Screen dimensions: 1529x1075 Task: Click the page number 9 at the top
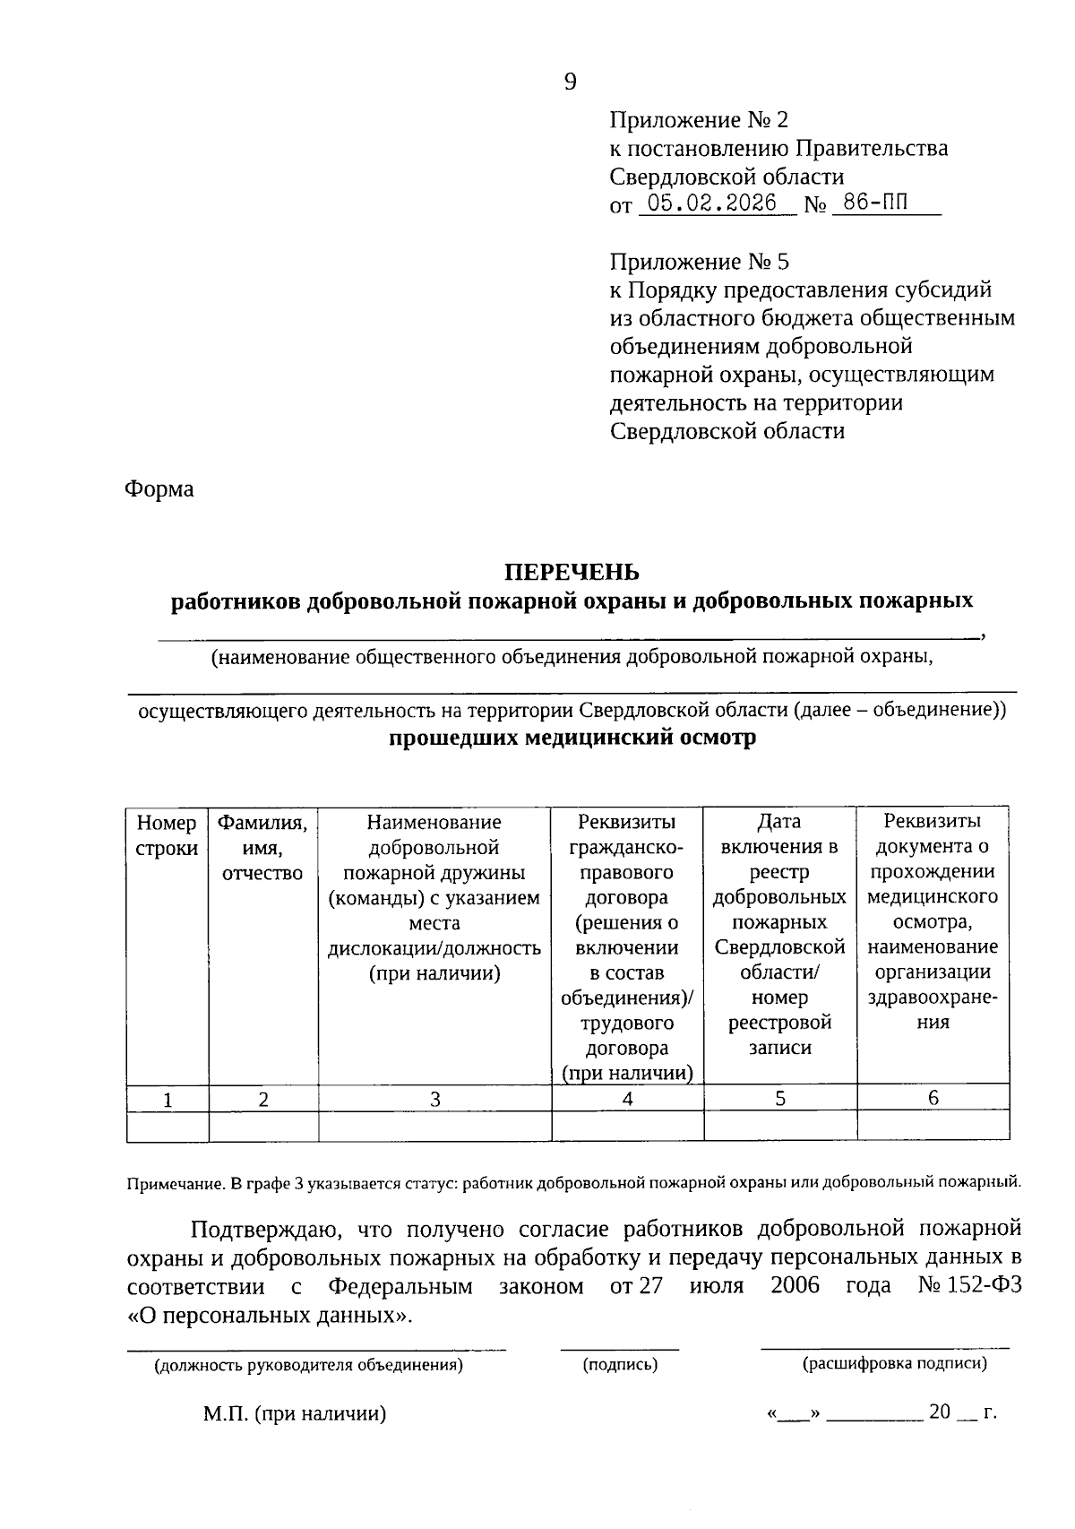(571, 82)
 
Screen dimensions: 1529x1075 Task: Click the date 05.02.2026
(712, 203)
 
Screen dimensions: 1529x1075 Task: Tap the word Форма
(159, 489)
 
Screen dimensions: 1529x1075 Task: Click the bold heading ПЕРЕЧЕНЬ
(572, 572)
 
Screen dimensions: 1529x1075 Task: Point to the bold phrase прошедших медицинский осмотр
(572, 738)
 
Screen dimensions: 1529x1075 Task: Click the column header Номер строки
(167, 835)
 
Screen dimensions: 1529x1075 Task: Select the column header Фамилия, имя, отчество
(263, 848)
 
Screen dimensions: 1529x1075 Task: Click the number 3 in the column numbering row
(434, 1099)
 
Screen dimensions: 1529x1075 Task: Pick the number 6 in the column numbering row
(933, 1098)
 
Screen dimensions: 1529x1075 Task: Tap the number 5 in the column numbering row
(780, 1099)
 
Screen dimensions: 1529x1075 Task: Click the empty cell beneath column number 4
(627, 1126)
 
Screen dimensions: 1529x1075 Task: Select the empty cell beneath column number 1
(168, 1126)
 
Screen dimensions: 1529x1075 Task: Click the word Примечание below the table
(175, 1183)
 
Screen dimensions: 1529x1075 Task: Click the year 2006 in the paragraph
(795, 1286)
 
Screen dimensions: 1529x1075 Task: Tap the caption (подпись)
(620, 1365)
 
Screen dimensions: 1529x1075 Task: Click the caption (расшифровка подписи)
(895, 1364)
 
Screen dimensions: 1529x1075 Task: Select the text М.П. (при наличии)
(294, 1414)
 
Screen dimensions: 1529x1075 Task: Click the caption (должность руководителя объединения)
(309, 1366)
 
